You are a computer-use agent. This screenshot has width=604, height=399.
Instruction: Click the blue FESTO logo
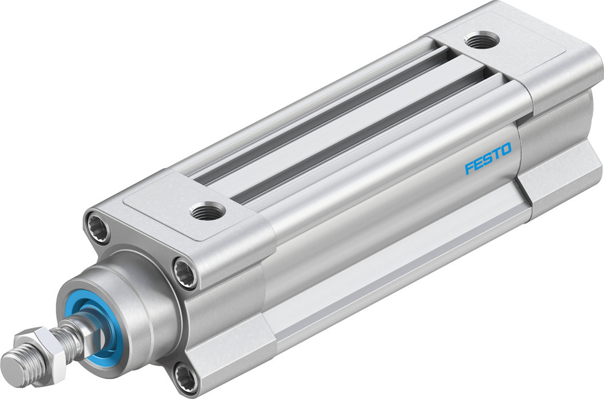pyautogui.click(x=488, y=158)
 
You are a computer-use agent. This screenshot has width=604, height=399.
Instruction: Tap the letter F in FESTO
pyautogui.click(x=469, y=167)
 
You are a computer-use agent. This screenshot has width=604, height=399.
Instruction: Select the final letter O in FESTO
pyautogui.click(x=506, y=149)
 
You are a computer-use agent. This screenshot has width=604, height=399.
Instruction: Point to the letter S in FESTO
pyautogui.click(x=488, y=158)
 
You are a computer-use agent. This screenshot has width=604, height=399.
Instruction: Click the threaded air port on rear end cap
pyautogui.click(x=481, y=41)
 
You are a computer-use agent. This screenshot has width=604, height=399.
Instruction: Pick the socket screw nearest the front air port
pyautogui.click(x=185, y=270)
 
